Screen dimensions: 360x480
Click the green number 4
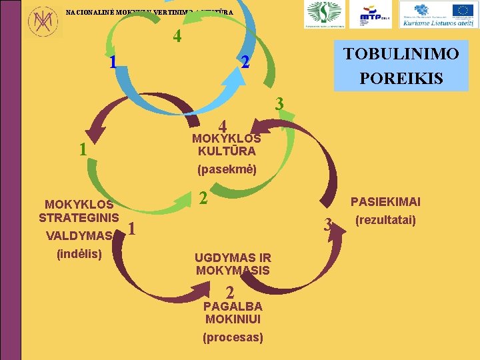click(x=177, y=37)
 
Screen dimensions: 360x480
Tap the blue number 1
click(x=113, y=63)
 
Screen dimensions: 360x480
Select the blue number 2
click(x=245, y=63)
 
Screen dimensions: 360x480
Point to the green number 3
click(x=280, y=104)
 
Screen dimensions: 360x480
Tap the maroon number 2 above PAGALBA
click(x=229, y=293)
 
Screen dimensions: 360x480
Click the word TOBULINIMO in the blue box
click(x=401, y=54)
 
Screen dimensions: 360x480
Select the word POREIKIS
click(x=401, y=78)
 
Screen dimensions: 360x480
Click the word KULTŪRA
click(x=226, y=151)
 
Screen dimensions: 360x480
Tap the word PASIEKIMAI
click(x=385, y=202)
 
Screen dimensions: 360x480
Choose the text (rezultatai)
click(x=385, y=219)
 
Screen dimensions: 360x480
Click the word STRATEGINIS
click(x=79, y=217)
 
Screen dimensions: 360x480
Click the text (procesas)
click(x=233, y=337)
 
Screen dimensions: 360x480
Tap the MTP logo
click(x=375, y=15)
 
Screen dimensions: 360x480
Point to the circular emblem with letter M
click(x=42, y=21)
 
